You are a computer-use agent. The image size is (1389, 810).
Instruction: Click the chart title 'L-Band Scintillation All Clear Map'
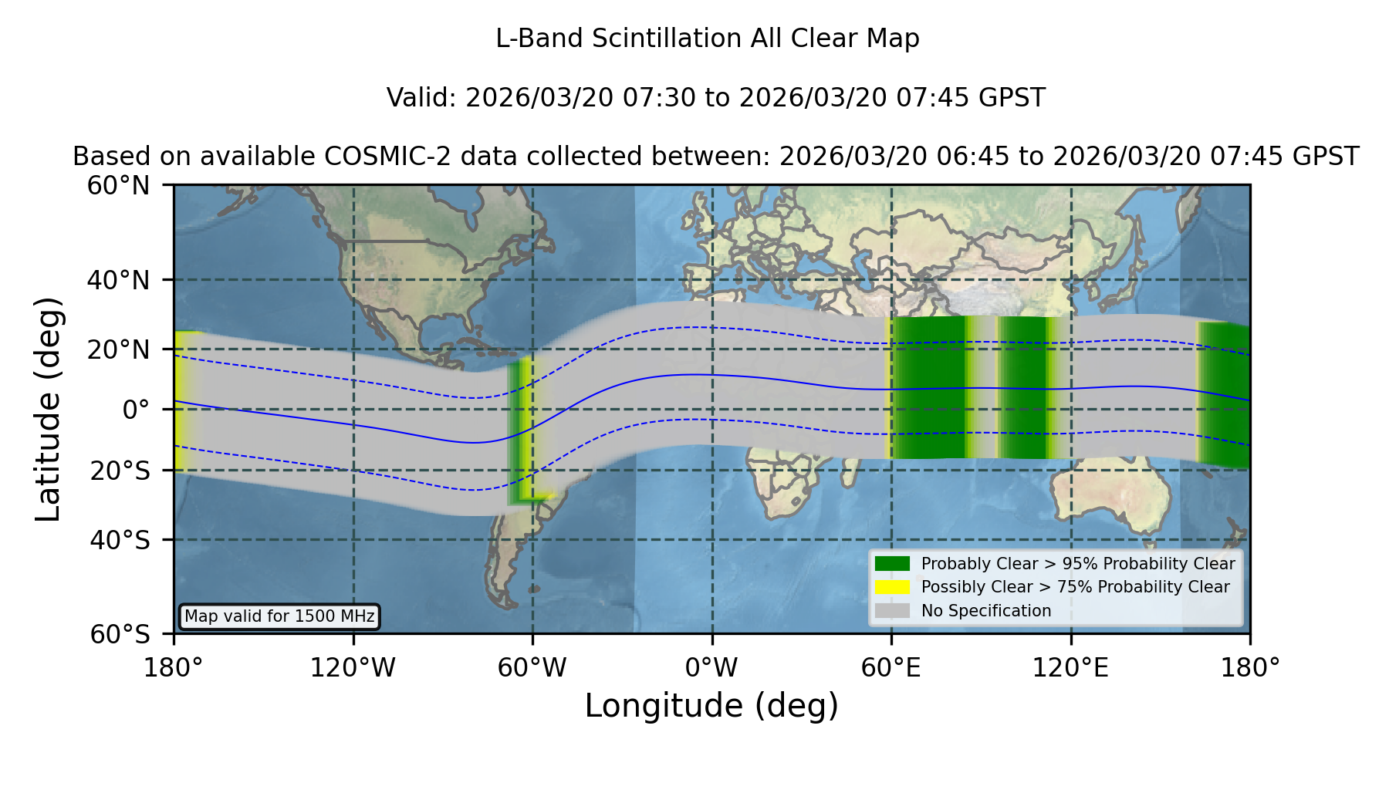click(708, 39)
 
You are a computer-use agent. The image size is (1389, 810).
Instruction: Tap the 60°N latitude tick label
click(119, 186)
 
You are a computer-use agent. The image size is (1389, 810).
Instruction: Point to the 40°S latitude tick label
click(120, 540)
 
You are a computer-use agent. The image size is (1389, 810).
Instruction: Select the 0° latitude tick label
click(136, 410)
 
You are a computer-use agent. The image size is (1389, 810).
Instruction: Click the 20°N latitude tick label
click(119, 349)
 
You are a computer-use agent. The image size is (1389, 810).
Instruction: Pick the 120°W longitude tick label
click(353, 667)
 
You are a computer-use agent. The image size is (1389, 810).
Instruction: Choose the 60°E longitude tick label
click(891, 667)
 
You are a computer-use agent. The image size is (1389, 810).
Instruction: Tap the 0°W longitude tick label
click(711, 667)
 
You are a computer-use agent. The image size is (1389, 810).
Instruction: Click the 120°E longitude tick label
click(1070, 667)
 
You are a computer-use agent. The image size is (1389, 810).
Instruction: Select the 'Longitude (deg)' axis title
click(711, 706)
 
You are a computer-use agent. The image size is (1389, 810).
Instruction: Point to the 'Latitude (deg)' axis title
click(48, 410)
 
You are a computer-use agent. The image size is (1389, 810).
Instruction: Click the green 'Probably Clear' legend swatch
click(893, 564)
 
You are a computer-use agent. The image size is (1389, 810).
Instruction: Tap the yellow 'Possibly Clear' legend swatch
click(893, 587)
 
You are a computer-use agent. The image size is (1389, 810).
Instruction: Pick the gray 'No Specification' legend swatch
click(893, 611)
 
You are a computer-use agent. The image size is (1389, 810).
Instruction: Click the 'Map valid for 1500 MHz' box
click(280, 616)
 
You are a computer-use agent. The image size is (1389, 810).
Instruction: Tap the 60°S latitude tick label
click(120, 635)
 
